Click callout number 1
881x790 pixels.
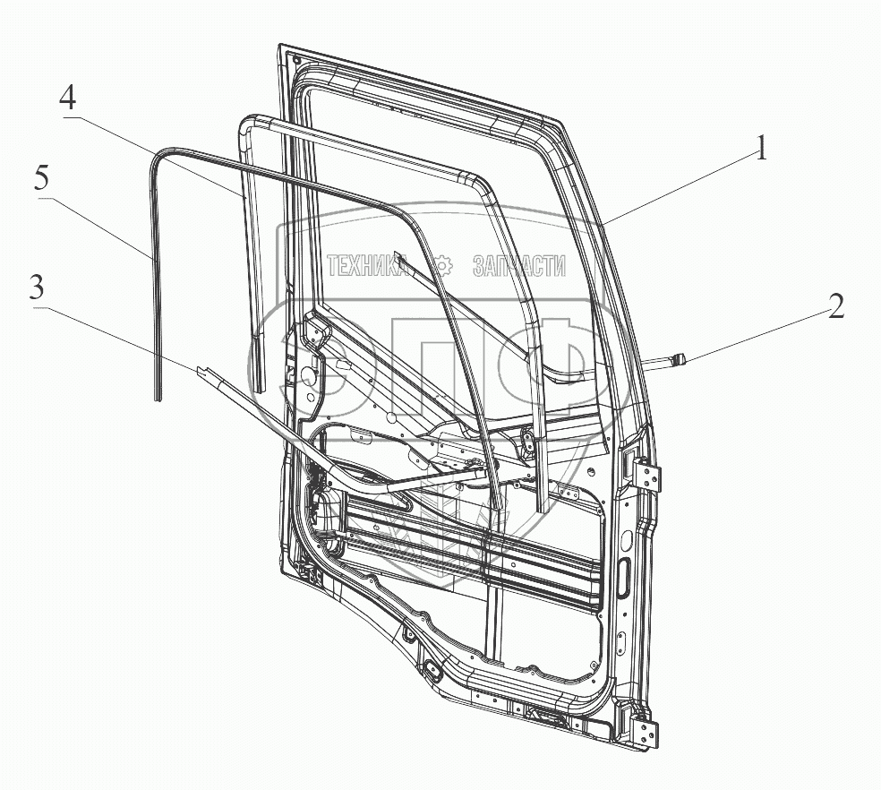point(760,148)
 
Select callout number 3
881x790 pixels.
point(37,288)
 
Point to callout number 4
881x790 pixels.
point(69,98)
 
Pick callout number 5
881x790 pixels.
point(40,177)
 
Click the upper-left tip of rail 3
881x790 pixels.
point(196,367)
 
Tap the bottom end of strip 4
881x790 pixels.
point(260,388)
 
